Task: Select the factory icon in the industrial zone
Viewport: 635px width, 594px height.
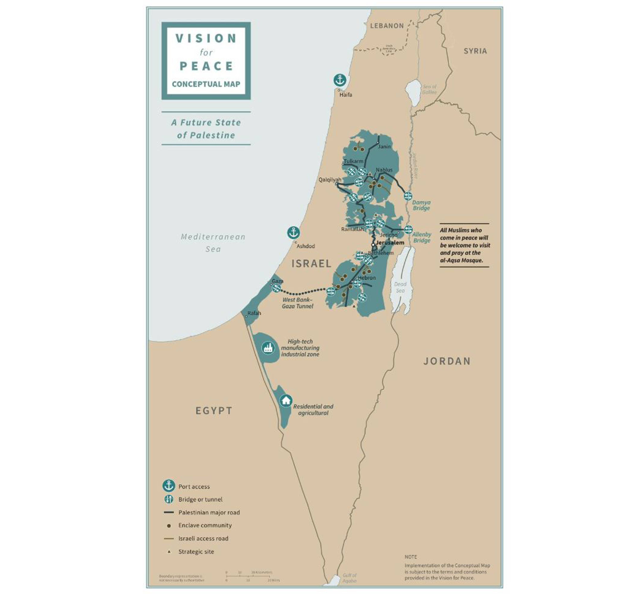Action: (x=268, y=348)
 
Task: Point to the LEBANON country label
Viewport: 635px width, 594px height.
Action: (x=387, y=26)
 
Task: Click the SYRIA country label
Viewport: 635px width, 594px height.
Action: (x=475, y=51)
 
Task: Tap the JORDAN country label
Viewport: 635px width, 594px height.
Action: (x=447, y=361)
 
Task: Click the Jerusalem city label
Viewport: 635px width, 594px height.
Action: (x=390, y=243)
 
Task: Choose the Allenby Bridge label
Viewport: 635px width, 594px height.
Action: (x=422, y=237)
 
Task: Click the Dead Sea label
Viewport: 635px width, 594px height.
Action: (x=400, y=287)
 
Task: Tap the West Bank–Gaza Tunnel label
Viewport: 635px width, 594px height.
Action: (x=297, y=303)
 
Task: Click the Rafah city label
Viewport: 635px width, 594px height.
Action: (x=254, y=313)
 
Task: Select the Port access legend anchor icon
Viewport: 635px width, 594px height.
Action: (x=169, y=485)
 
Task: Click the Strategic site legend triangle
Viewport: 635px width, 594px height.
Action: (x=169, y=551)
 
